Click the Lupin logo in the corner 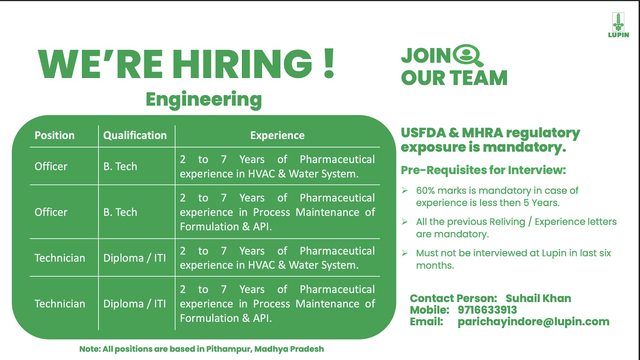tap(618, 25)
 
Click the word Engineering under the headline tap(204, 100)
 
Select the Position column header tap(54, 136)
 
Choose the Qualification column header tap(135, 136)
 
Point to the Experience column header tap(278, 136)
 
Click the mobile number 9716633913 tap(487, 310)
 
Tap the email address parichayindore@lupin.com tap(534, 322)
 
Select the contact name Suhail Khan tap(538, 298)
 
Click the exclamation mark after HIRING tap(329, 64)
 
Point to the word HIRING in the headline tap(242, 64)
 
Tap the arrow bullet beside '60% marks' tap(404, 190)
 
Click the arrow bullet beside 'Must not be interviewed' tap(404, 253)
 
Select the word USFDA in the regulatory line tap(423, 133)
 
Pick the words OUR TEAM tap(454, 78)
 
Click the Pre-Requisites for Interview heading tap(483, 170)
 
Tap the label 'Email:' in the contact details tap(426, 322)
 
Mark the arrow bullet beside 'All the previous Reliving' tap(404, 222)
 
